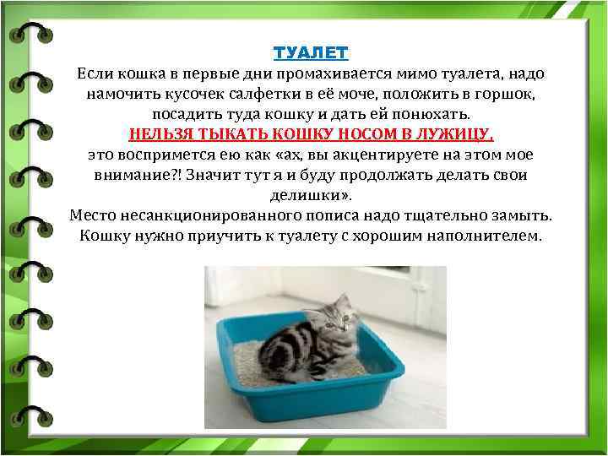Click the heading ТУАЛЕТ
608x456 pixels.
311,52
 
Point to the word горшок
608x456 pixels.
503,93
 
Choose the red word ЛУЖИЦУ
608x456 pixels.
453,133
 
